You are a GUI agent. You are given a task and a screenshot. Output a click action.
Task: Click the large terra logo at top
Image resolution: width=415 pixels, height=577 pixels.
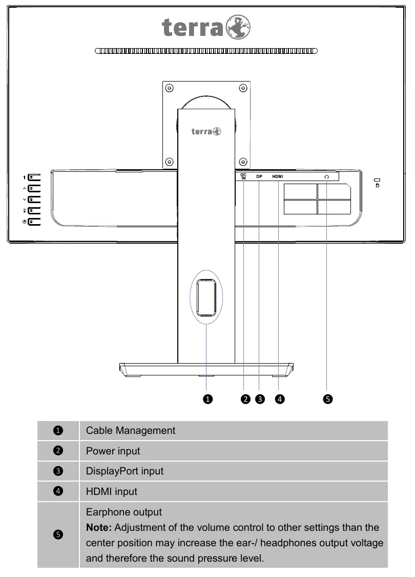[206, 27]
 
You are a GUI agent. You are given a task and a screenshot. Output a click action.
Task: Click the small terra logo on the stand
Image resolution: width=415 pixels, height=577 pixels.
[206, 131]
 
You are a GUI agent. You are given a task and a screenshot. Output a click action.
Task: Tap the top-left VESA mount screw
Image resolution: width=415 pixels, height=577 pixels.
[170, 88]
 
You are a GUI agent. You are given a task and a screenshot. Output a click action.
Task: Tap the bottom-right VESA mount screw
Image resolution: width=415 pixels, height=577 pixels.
[243, 162]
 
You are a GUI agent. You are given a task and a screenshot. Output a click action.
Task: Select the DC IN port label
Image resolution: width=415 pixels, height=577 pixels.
[243, 176]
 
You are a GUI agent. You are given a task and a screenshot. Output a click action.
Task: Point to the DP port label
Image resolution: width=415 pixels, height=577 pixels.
[259, 176]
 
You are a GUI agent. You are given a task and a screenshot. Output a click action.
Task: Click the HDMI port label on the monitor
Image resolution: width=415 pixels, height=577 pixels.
[278, 176]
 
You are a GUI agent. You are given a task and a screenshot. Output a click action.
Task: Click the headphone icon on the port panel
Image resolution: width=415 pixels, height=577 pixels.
[327, 177]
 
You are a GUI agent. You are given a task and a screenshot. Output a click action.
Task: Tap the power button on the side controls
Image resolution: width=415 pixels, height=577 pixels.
[34, 222]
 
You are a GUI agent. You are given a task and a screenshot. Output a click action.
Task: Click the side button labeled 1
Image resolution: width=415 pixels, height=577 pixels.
[34, 177]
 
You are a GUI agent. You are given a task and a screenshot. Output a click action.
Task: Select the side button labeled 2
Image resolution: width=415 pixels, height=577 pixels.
[34, 210]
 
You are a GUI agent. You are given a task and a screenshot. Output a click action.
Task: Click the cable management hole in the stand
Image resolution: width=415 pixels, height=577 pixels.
[206, 297]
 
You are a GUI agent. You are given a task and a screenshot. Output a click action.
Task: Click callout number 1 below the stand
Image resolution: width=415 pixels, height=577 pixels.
[208, 399]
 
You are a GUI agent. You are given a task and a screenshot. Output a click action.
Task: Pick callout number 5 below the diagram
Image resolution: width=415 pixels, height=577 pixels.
[327, 399]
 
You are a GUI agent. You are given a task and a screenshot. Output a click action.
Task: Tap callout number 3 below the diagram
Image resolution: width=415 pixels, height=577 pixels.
[260, 399]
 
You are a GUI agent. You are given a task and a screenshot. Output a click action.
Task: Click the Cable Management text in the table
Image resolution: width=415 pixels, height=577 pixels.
[131, 430]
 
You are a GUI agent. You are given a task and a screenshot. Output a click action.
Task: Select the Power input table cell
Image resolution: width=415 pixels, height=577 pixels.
[234, 451]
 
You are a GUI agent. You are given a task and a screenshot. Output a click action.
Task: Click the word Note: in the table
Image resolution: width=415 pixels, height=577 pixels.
[99, 527]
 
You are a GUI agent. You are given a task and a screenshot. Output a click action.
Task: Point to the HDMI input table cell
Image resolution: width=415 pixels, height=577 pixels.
[234, 491]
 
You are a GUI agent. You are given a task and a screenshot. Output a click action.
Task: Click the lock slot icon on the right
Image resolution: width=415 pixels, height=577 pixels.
[377, 183]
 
